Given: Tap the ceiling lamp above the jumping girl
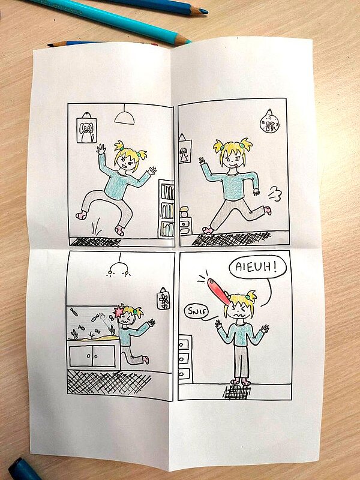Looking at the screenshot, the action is click(124, 118).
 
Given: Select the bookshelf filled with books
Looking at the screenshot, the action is click(166, 209).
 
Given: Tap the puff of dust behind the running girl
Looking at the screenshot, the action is click(275, 194).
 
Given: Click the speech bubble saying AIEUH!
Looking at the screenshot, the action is click(257, 267).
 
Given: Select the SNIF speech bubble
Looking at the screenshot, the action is click(196, 312).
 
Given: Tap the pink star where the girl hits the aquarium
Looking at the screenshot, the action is click(118, 312).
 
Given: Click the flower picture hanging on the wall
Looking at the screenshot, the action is click(163, 299).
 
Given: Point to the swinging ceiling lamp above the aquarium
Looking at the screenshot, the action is click(118, 268).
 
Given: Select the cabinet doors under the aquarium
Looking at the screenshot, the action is click(92, 356).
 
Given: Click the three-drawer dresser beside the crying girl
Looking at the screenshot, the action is click(185, 358).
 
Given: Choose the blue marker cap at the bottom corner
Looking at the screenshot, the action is click(22, 470).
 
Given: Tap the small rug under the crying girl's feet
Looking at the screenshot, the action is click(237, 392).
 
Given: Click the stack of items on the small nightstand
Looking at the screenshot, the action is click(184, 212).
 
